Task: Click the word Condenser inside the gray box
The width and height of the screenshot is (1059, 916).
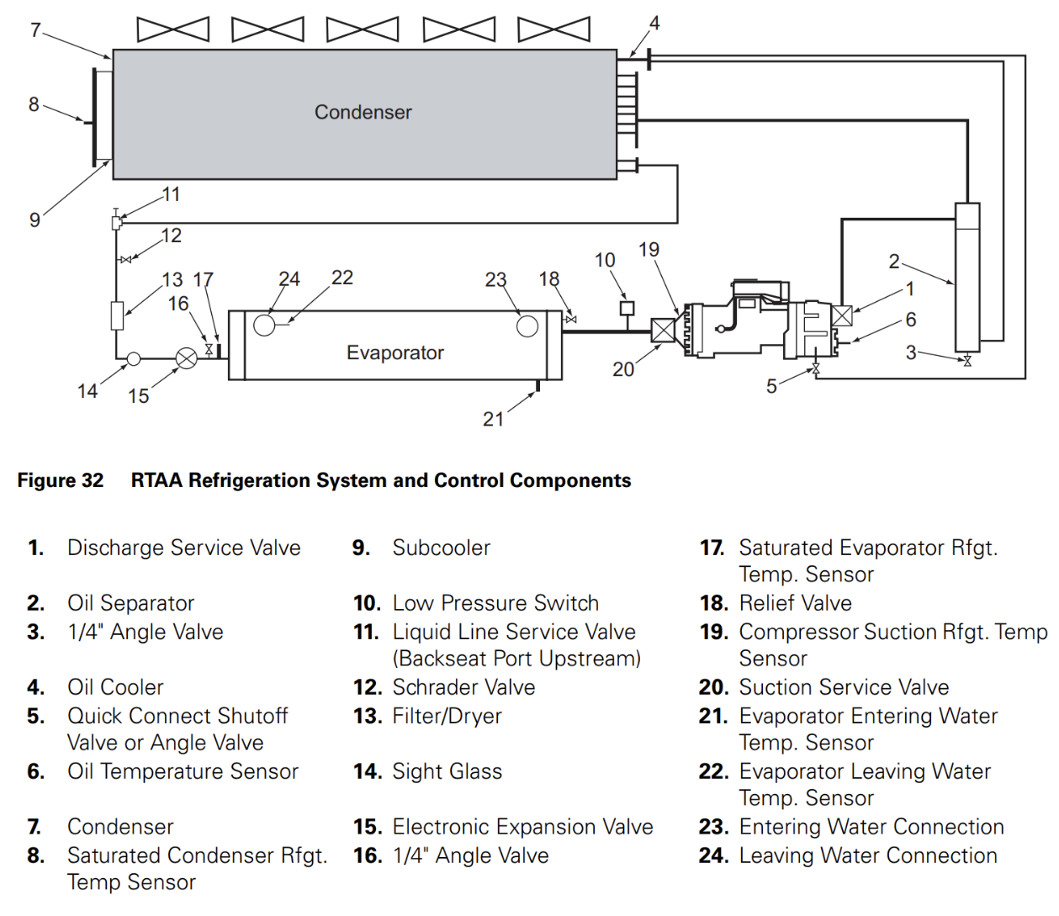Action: [363, 112]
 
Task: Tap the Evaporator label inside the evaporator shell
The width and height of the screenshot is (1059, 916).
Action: [395, 352]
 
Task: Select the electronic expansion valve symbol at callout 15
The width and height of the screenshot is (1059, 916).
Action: [187, 358]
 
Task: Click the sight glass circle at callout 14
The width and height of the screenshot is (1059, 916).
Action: [133, 358]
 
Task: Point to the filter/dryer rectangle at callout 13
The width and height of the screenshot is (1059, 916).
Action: [117, 315]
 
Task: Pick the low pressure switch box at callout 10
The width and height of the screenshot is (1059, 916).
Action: [627, 308]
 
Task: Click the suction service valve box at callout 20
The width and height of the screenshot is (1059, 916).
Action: [663, 331]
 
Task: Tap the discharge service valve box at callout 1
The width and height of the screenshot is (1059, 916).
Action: [842, 315]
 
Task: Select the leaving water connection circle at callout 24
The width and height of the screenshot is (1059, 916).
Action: [264, 326]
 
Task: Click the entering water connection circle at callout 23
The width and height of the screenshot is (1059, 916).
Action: [527, 326]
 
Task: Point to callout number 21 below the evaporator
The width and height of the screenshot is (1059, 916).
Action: [494, 419]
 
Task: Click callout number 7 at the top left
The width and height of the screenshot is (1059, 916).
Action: [35, 30]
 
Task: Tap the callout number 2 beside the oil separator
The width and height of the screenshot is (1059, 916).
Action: [894, 262]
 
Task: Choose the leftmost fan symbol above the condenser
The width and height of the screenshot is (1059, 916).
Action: [173, 29]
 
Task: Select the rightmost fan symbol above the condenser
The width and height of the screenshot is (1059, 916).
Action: [553, 29]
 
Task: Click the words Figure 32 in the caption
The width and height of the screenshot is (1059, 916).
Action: [61, 480]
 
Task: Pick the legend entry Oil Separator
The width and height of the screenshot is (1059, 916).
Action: [130, 603]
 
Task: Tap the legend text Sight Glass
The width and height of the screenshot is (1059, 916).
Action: [447, 771]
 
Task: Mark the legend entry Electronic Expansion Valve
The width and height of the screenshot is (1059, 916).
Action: [522, 827]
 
